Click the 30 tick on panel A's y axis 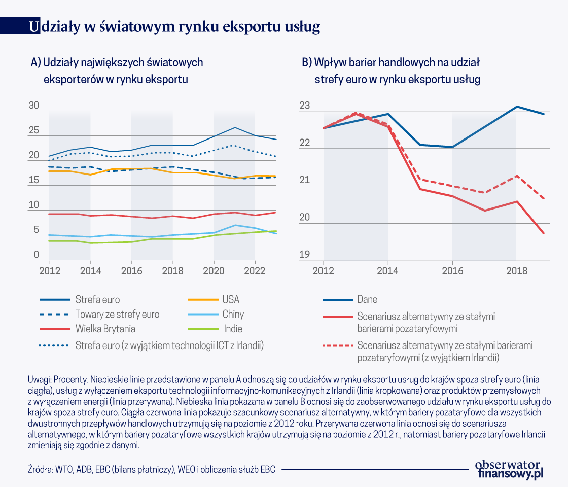(34, 106)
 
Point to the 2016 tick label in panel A (131, 270)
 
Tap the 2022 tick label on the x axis (255, 270)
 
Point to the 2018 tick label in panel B (516, 270)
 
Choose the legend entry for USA (230, 299)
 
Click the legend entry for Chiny (233, 315)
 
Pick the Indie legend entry (234, 329)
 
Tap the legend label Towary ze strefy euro (117, 315)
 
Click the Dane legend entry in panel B (367, 299)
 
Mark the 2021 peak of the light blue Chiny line (234, 225)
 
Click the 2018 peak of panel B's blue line (516, 107)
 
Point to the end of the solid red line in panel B (544, 233)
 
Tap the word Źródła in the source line (38, 469)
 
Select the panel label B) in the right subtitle (307, 63)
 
